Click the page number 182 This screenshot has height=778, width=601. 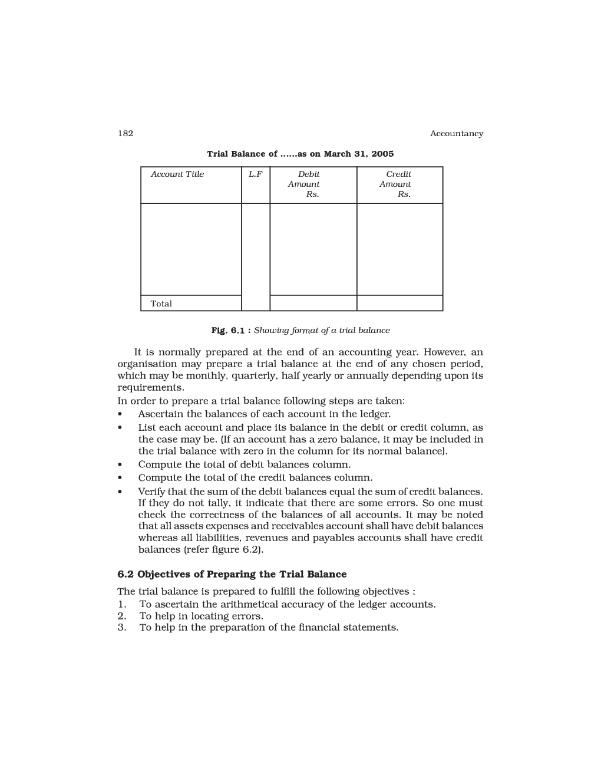click(x=126, y=133)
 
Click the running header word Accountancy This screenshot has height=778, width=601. click(x=456, y=134)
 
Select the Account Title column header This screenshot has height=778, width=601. click(x=177, y=174)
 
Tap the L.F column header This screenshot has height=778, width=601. click(x=255, y=174)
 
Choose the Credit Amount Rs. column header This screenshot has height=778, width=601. click(x=398, y=184)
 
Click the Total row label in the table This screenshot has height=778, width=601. click(x=161, y=304)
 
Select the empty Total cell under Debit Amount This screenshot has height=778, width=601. click(x=313, y=303)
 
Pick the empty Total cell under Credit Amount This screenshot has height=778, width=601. click(x=399, y=303)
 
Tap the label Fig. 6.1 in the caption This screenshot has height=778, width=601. click(x=227, y=331)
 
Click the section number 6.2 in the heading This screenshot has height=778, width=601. click(x=126, y=574)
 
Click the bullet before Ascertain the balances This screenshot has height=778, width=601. click(x=120, y=414)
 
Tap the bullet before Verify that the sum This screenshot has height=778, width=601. click(x=120, y=492)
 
